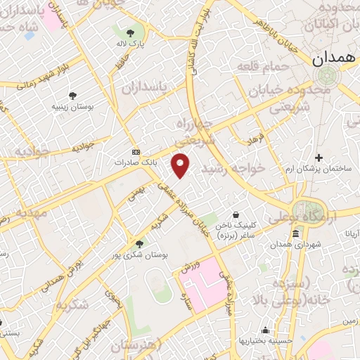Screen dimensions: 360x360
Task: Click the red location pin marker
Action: pos(181,165)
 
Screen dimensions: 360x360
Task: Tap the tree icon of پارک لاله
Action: pos(130,32)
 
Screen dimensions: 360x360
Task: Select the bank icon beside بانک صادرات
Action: pos(136,151)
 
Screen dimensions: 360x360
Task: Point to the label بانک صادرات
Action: pos(134,162)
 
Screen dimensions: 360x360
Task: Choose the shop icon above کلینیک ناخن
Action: pos(236,214)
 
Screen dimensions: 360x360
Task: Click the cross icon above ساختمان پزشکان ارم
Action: pos(319,157)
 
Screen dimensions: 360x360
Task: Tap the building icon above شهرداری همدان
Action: pos(295,233)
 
